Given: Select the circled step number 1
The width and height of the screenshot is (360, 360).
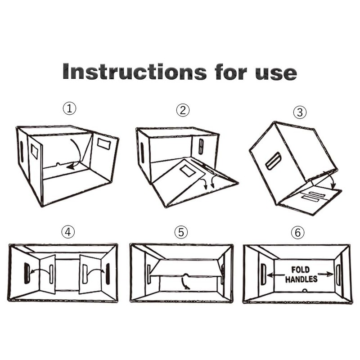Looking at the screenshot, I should tap(69, 108).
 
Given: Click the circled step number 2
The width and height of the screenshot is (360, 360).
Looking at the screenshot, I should tap(183, 110).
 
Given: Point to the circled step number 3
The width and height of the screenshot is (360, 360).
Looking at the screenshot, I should tap(299, 112).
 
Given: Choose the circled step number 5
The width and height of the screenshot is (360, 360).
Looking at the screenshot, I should tap(181, 232).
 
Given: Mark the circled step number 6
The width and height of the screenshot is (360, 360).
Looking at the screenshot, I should tap(297, 233).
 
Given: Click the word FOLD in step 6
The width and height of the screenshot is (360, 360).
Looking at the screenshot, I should tap(301, 270).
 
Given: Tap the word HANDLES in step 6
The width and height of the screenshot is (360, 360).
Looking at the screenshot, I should tap(301, 279).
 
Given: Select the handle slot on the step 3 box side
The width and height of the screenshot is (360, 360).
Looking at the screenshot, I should tap(273, 161).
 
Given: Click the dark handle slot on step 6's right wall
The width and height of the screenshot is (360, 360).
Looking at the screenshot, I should tap(338, 274).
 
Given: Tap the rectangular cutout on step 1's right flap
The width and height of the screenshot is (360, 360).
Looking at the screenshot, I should tap(103, 144).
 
